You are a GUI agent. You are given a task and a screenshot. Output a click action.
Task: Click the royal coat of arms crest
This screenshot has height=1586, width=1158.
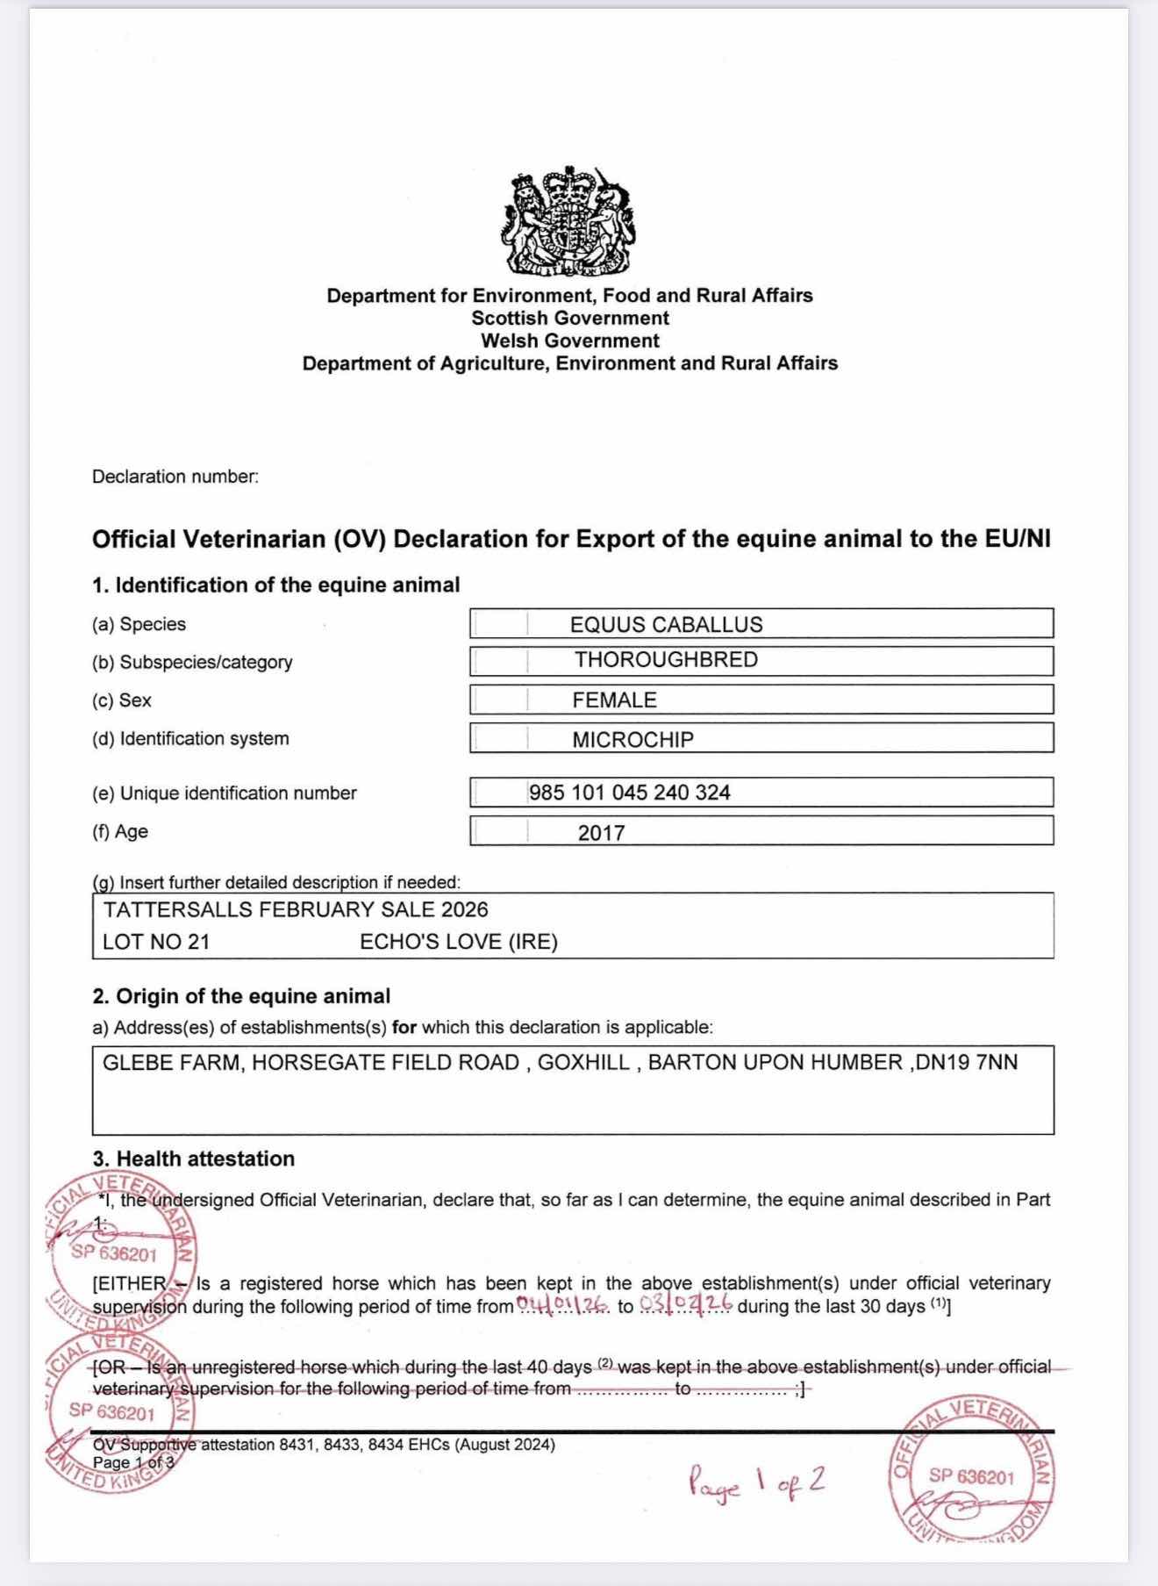coord(569,220)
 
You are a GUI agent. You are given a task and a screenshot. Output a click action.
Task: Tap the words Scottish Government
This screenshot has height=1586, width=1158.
coord(569,319)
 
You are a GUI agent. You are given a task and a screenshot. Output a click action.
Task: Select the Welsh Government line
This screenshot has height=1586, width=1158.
coord(569,341)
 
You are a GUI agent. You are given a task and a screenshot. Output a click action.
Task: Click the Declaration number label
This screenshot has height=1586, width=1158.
coord(175,477)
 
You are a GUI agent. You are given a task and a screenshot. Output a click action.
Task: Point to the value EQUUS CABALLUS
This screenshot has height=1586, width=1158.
coord(666,625)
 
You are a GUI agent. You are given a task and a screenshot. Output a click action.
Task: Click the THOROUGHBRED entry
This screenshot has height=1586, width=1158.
coord(666,660)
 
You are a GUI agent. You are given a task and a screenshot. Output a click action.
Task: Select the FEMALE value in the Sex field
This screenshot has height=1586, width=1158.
coord(614,700)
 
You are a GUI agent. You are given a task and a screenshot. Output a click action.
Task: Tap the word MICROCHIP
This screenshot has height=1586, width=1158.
coord(633,740)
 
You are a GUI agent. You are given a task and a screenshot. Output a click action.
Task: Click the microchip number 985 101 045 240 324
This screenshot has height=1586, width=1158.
coord(629,793)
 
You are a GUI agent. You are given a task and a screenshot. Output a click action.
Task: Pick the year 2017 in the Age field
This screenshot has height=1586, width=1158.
coord(601,833)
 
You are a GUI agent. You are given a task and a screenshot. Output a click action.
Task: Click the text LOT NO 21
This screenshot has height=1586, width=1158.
coord(156,942)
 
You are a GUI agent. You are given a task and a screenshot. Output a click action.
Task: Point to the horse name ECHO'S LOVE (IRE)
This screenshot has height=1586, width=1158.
coord(459,942)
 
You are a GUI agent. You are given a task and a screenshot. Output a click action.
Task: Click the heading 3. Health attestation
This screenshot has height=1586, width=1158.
coord(194,1159)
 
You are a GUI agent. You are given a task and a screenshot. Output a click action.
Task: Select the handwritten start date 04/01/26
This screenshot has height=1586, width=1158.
coord(562,1305)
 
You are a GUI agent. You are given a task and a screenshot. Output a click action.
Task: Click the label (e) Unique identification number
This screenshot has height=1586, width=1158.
coord(225,793)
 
